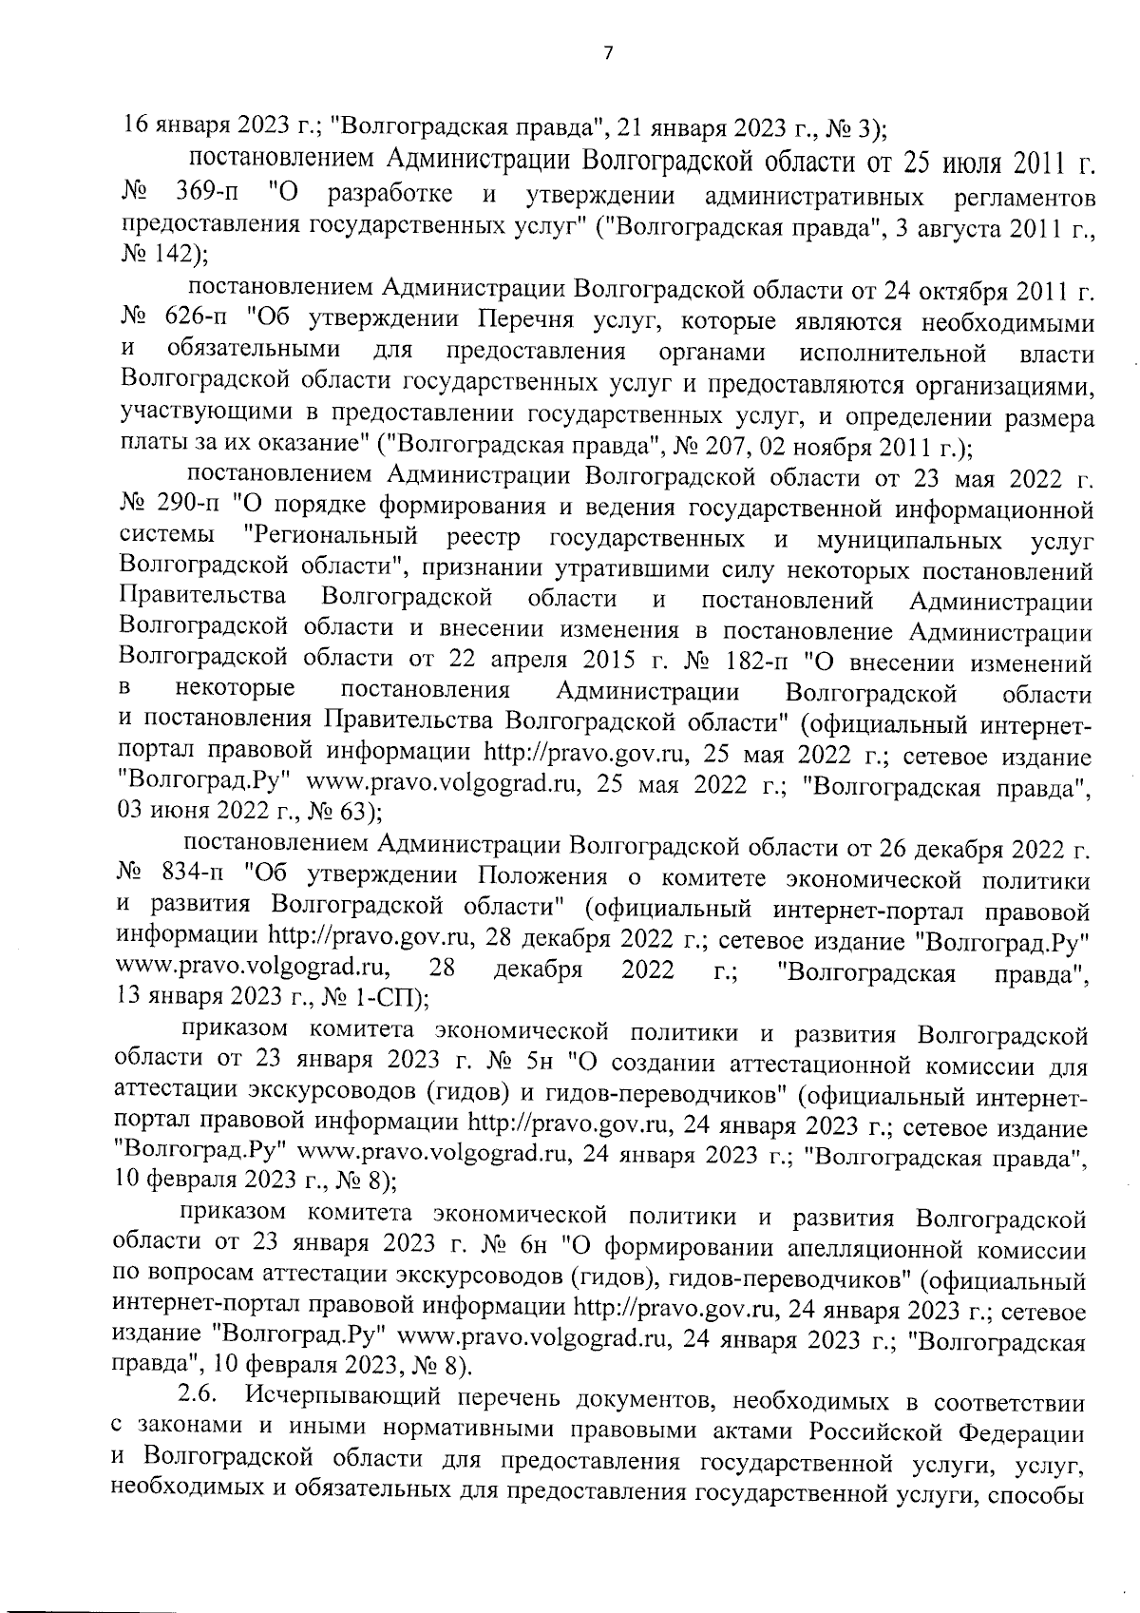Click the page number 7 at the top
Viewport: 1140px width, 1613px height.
pyautogui.click(x=608, y=54)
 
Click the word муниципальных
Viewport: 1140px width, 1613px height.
pyautogui.click(x=908, y=540)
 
